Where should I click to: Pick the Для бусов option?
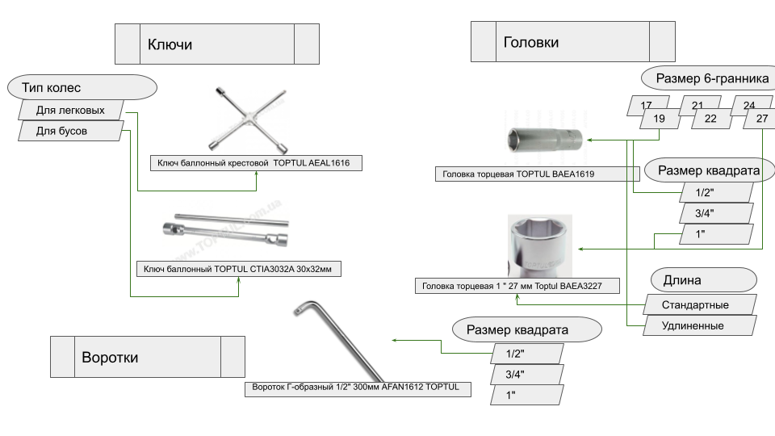(x=70, y=131)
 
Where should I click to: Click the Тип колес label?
(x=81, y=87)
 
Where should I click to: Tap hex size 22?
(x=710, y=119)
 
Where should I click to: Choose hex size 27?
(x=762, y=119)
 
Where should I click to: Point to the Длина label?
(x=703, y=280)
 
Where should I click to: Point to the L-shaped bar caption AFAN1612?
(x=356, y=388)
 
